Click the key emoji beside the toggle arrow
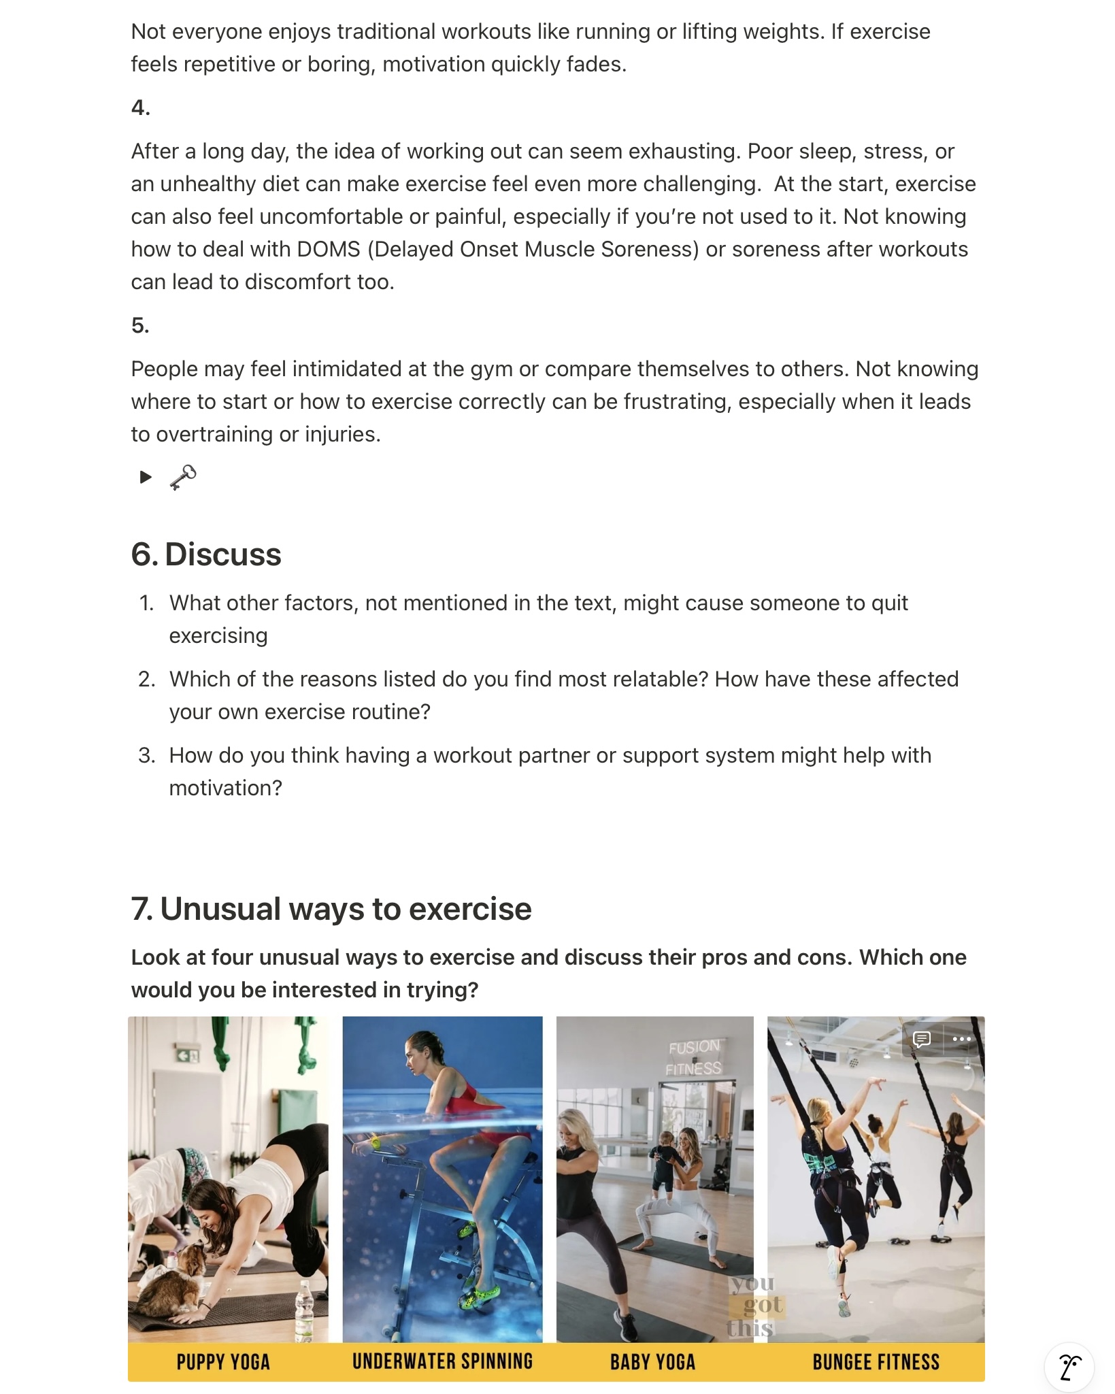[x=183, y=477]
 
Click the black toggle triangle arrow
[x=146, y=477]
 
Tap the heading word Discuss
[x=222, y=554]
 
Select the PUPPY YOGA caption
[x=223, y=1361]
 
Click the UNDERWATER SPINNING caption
[x=442, y=1361]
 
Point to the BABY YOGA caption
[x=652, y=1361]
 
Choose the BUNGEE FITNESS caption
[x=876, y=1361]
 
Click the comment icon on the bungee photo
[x=922, y=1040]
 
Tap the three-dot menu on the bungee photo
[x=961, y=1040]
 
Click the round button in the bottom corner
[x=1069, y=1366]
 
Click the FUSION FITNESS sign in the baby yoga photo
[x=693, y=1057]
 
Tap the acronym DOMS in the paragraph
[x=329, y=249]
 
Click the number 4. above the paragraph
[x=141, y=107]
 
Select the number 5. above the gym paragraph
[x=140, y=325]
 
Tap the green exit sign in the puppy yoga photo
[x=187, y=1055]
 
